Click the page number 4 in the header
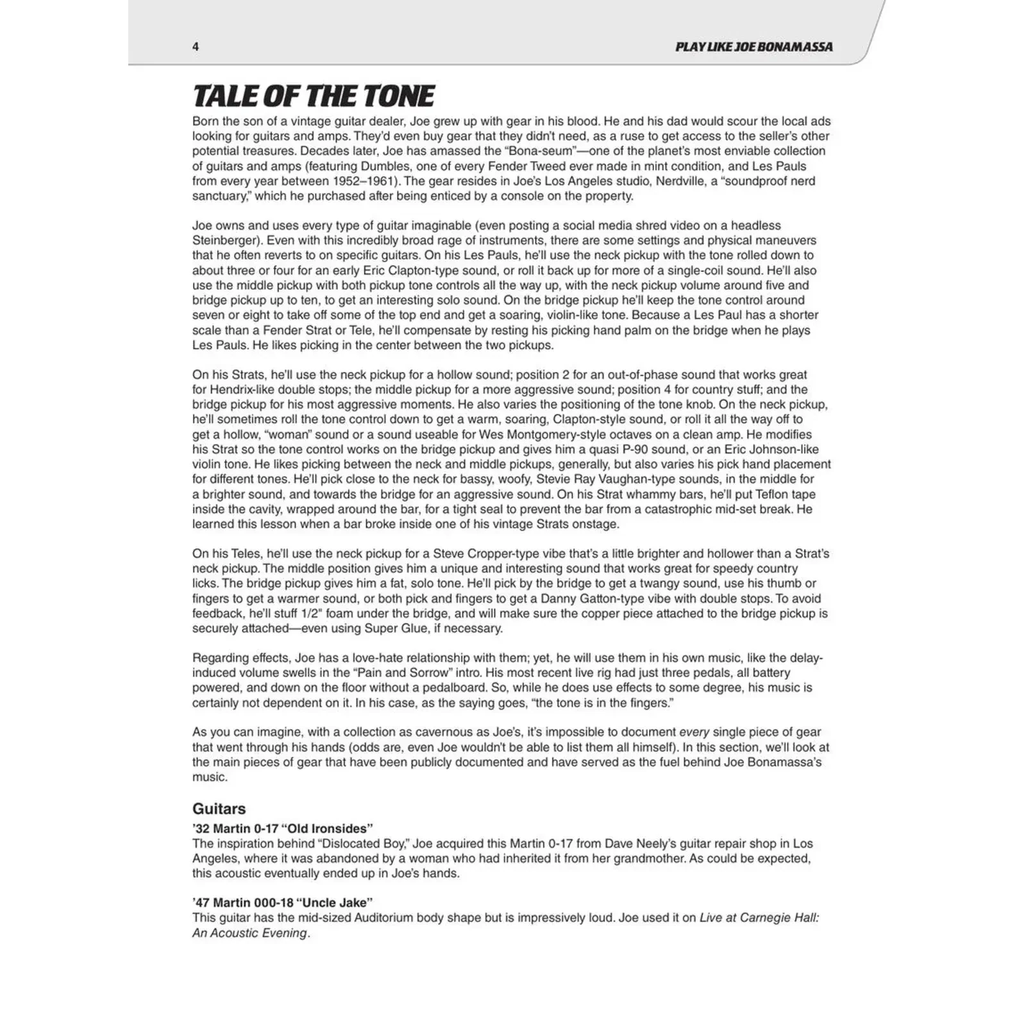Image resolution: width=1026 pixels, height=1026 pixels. tap(196, 47)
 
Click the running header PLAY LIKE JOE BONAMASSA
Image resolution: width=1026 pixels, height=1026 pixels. tap(753, 47)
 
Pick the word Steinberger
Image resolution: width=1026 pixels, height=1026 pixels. tap(226, 240)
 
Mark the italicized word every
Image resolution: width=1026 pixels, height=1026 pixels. tap(693, 732)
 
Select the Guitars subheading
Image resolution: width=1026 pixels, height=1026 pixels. tap(219, 809)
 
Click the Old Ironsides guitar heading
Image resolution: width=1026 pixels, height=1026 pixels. tap(282, 828)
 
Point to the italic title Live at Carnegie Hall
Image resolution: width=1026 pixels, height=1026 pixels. tap(759, 918)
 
